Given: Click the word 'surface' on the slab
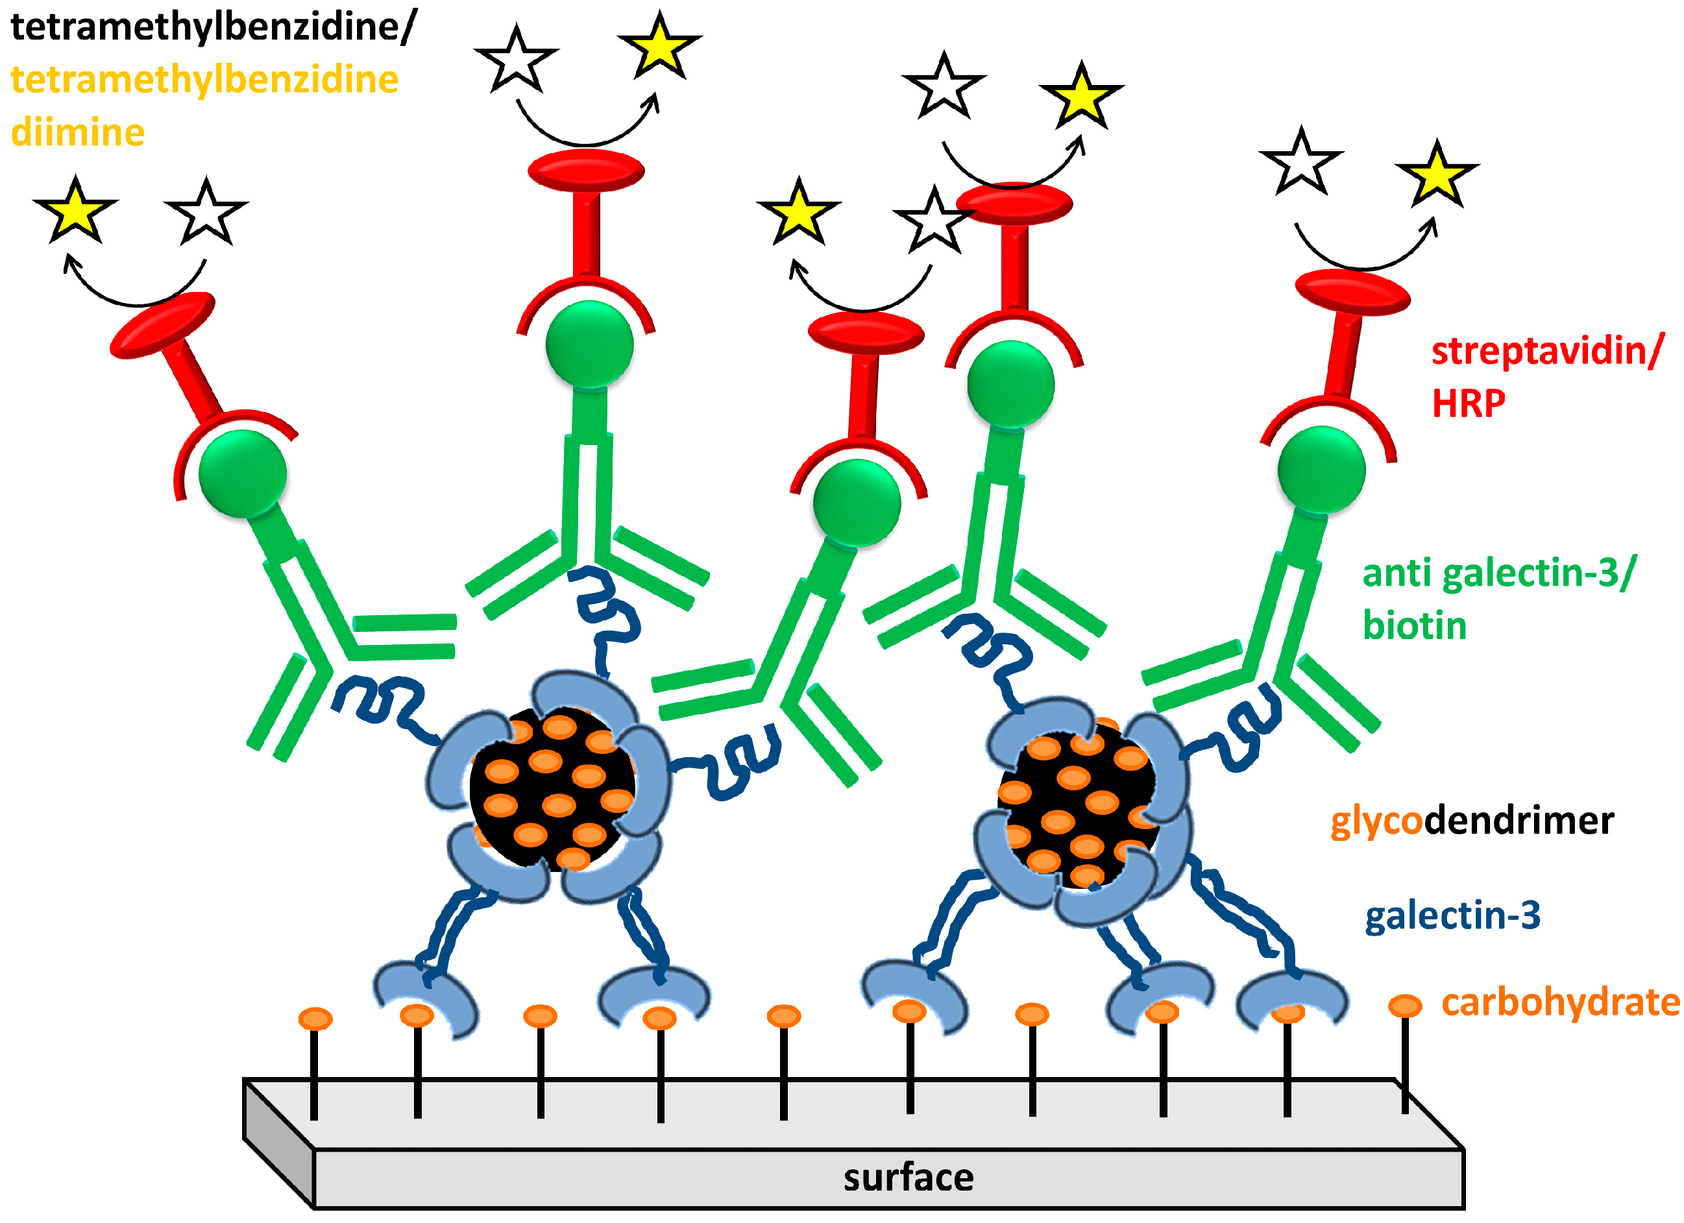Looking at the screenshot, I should point(907,1178).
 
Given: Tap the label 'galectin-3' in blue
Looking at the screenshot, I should point(1452,915).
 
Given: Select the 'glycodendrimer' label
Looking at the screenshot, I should point(1472,821).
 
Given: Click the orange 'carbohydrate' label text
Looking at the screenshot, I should point(1560,1003).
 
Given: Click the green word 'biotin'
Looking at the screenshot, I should point(1414,626).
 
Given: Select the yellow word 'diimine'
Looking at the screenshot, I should point(77,133).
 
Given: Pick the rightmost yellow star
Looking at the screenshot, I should point(1437,175).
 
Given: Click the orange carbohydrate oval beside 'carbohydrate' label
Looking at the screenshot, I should point(1405,1006).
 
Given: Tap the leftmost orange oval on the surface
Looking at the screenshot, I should point(315,1019).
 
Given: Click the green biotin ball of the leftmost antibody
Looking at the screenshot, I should point(242,473).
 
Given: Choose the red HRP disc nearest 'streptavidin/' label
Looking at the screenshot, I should point(1352,292).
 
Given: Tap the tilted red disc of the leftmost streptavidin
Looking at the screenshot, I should point(163,325).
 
